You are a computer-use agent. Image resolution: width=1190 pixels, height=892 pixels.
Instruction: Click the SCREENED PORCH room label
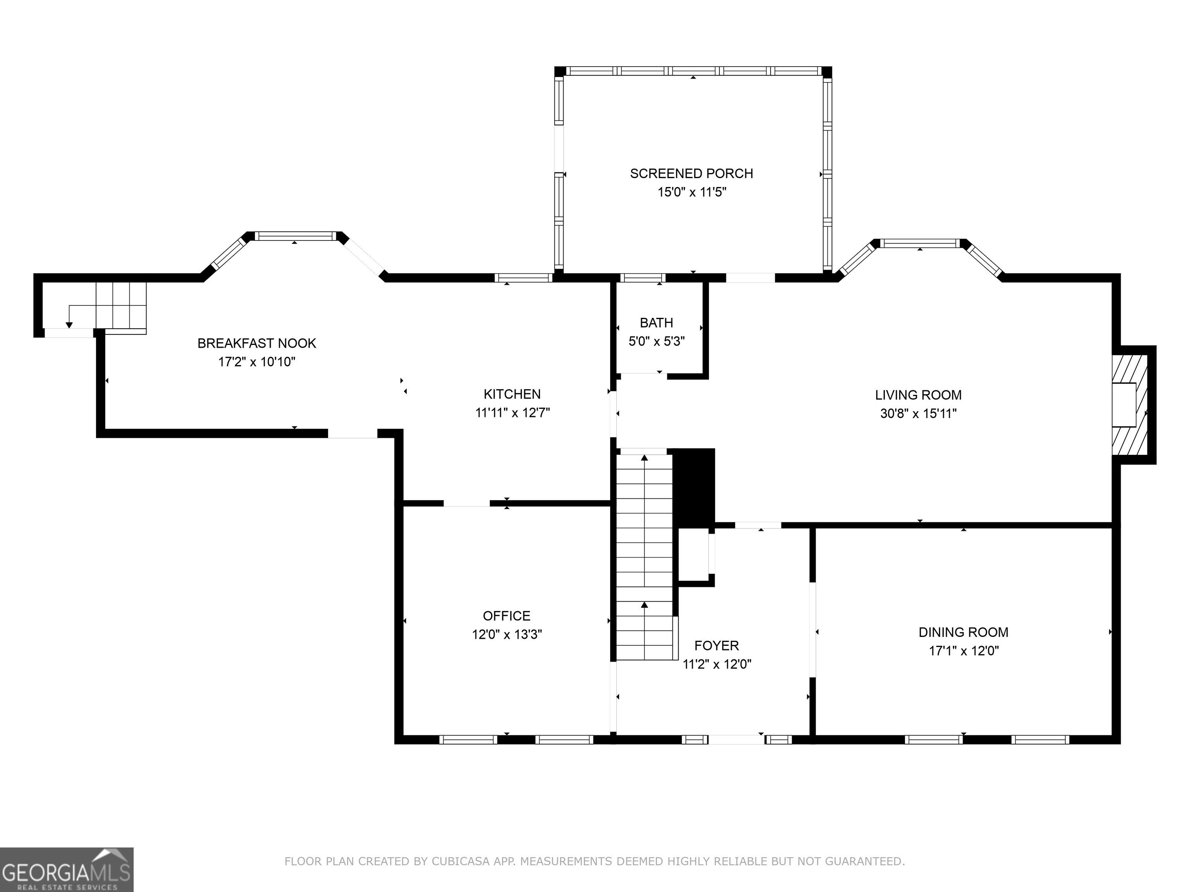click(691, 174)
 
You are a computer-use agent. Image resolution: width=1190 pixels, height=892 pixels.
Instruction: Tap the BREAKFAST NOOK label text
click(256, 343)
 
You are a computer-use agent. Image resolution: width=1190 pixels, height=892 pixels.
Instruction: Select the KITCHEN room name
click(512, 394)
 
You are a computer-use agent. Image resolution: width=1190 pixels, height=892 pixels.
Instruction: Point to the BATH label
click(656, 322)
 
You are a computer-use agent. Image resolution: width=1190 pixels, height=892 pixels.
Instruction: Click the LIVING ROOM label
click(918, 395)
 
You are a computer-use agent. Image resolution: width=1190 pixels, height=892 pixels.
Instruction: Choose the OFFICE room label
click(507, 616)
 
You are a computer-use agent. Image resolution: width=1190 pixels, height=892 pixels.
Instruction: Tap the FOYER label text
click(717, 645)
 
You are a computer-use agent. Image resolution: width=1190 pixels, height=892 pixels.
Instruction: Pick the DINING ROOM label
click(963, 632)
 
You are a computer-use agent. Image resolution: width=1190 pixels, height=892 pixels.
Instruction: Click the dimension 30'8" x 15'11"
click(918, 413)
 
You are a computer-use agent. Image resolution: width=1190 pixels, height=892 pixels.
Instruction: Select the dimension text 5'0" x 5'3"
click(656, 341)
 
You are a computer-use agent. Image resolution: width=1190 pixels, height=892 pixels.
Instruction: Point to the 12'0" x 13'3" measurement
click(507, 635)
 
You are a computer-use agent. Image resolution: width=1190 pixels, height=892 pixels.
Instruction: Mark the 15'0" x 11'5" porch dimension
click(692, 192)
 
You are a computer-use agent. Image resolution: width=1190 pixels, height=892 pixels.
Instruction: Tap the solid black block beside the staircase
click(694, 488)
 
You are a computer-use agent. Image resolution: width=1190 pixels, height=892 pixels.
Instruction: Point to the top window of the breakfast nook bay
click(295, 236)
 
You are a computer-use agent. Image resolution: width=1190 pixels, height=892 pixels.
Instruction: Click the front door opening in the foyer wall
click(736, 739)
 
